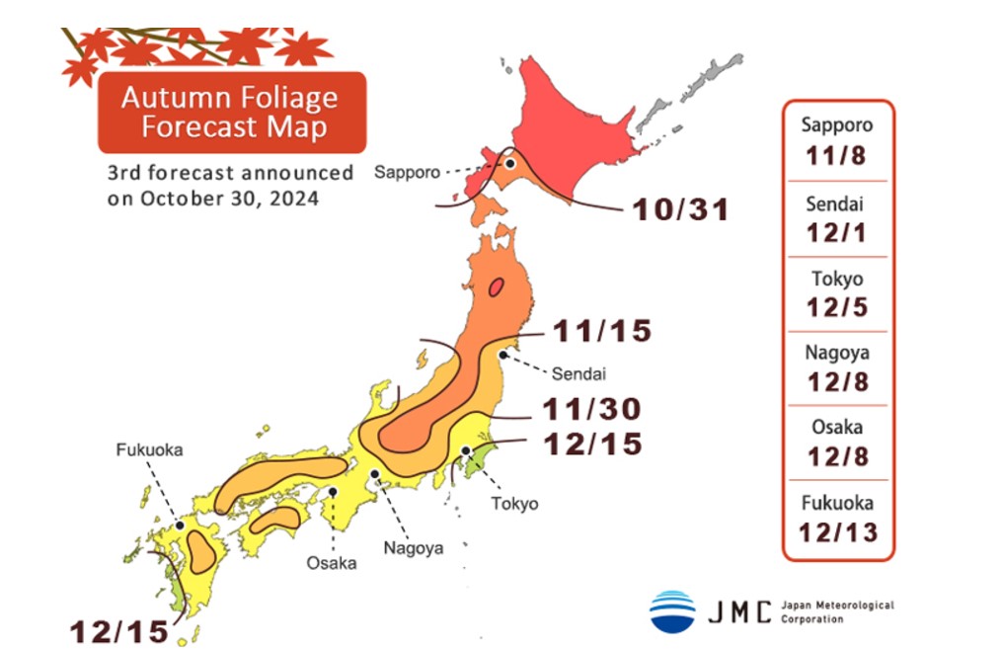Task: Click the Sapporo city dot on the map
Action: [510, 164]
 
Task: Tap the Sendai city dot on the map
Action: [504, 353]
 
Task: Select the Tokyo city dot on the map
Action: [465, 451]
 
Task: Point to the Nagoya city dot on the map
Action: [375, 475]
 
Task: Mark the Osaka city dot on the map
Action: [334, 490]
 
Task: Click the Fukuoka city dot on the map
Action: [180, 526]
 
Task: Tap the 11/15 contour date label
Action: [602, 331]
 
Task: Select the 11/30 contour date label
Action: [592, 408]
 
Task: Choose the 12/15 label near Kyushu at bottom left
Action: [118, 631]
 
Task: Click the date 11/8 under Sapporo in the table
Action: [837, 157]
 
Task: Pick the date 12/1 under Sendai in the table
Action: [837, 232]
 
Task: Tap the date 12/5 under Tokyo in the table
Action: [837, 307]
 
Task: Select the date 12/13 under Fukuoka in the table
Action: [837, 534]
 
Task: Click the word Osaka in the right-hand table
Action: [837, 428]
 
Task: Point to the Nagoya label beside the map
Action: [415, 547]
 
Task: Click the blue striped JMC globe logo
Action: [672, 611]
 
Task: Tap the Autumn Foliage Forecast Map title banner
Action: [231, 112]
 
